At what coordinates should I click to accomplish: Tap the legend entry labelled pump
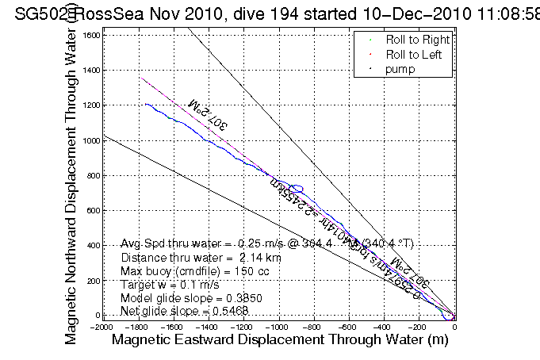click(x=401, y=70)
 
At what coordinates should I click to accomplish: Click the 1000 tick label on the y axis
click(x=93, y=140)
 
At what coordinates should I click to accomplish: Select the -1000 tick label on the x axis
click(x=278, y=326)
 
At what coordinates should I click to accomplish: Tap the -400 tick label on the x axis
click(x=384, y=326)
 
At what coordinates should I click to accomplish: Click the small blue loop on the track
click(x=297, y=189)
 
